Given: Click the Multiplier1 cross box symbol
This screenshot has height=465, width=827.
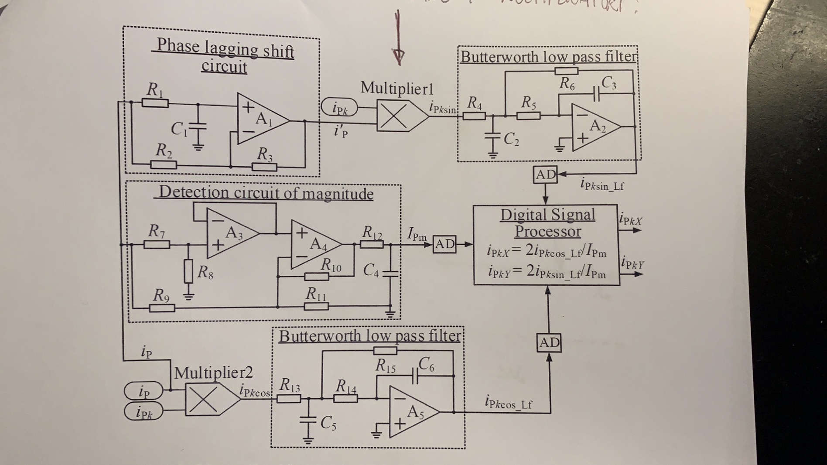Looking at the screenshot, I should pyautogui.click(x=394, y=116).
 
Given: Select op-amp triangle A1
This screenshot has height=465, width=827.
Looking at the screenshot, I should pyautogui.click(x=260, y=119).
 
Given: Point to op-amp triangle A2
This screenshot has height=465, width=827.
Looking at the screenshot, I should pyautogui.click(x=595, y=128).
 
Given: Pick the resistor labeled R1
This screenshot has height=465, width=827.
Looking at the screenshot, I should pyautogui.click(x=155, y=103).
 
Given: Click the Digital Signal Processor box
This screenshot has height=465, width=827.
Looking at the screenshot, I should pyautogui.click(x=547, y=245).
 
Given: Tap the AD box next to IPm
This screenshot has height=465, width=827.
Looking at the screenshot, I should pyautogui.click(x=444, y=244).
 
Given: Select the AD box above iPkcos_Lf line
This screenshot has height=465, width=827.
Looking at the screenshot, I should pyautogui.click(x=549, y=343).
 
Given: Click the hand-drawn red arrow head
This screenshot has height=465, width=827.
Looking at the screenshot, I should pyautogui.click(x=398, y=56).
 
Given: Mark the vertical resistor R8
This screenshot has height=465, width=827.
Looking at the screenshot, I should pyautogui.click(x=188, y=271).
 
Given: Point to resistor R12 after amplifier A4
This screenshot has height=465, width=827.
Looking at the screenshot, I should pyautogui.click(x=372, y=245).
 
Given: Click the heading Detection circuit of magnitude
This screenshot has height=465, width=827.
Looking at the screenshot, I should pyautogui.click(x=266, y=193).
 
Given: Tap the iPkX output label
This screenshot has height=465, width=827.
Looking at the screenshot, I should pyautogui.click(x=631, y=220).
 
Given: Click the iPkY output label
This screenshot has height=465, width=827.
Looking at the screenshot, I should pyautogui.click(x=632, y=263).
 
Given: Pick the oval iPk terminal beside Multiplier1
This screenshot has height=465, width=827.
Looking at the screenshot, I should pyautogui.click(x=339, y=107).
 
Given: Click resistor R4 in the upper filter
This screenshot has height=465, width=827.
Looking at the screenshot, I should pyautogui.click(x=474, y=116).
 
